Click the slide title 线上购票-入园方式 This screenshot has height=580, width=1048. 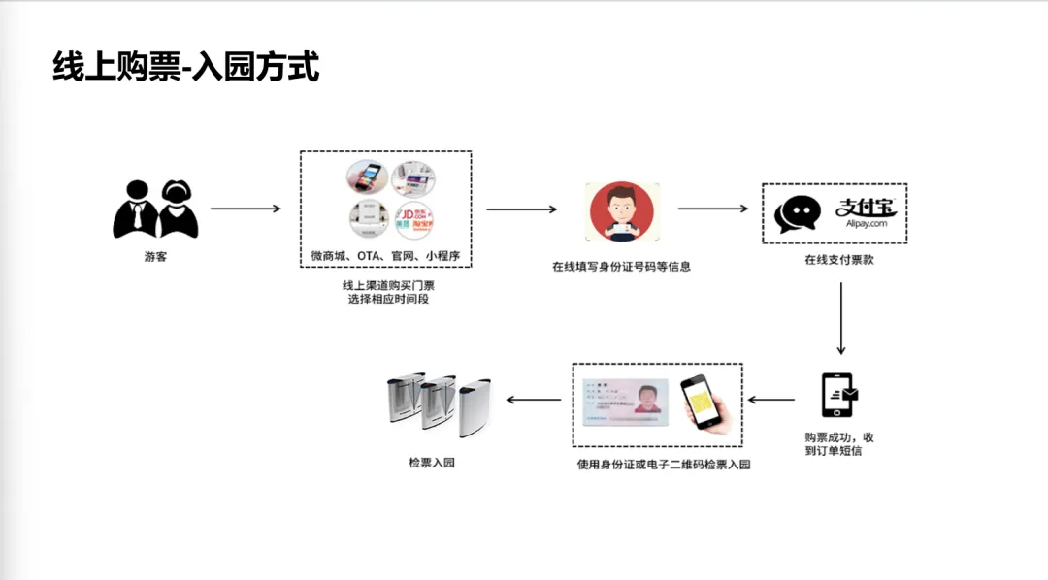[x=186, y=68]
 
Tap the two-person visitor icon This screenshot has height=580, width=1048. [x=155, y=209]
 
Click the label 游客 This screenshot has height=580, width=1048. [x=155, y=257]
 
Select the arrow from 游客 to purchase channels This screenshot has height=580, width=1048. [x=246, y=209]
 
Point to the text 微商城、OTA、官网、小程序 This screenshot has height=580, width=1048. [x=385, y=256]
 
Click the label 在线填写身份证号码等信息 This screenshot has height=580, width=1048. [x=621, y=266]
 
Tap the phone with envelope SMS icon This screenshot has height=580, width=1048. [x=839, y=395]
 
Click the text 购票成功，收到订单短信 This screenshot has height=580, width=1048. [x=839, y=444]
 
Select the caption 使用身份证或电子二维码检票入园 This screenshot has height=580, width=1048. [x=664, y=465]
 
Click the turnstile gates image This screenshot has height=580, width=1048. [x=437, y=402]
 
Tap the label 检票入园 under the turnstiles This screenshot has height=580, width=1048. [x=432, y=463]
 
